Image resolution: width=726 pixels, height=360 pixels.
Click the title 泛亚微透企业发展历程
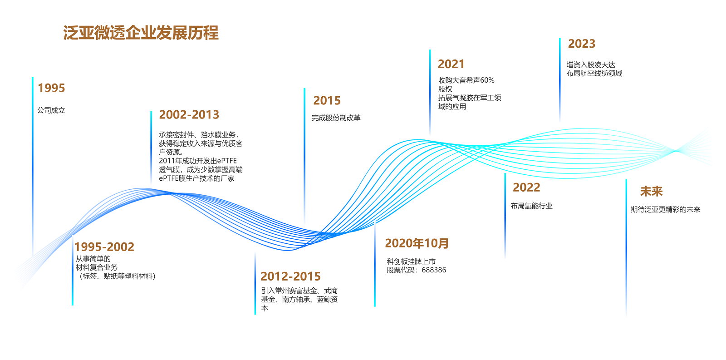point(141,33)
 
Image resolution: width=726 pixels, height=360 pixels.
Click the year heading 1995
point(52,88)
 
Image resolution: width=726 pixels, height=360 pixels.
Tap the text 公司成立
point(51,110)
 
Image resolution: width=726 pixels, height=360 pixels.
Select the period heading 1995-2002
point(104,247)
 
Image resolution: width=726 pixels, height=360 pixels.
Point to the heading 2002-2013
point(189,114)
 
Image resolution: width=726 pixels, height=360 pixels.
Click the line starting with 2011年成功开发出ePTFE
point(198,161)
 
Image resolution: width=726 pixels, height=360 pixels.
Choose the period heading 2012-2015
point(290,276)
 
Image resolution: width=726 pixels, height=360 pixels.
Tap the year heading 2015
point(327,100)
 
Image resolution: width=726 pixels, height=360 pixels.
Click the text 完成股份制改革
point(336,118)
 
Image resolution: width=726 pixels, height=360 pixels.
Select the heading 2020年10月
point(417,243)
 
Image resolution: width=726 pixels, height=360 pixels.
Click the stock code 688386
point(434,270)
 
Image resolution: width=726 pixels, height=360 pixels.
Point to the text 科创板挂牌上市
point(411,261)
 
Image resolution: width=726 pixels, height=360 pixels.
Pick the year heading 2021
point(451,64)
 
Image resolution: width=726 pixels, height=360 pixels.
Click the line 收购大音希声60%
point(466,80)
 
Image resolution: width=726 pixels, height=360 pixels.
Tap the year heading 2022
point(526,187)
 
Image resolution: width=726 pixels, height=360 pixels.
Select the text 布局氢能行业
point(531,206)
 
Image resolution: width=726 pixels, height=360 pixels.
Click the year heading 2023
point(582,44)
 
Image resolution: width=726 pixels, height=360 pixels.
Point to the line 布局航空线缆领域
point(594,73)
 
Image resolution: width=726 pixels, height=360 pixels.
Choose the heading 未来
point(652,192)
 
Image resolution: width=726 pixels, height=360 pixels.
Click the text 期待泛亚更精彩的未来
point(666,210)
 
